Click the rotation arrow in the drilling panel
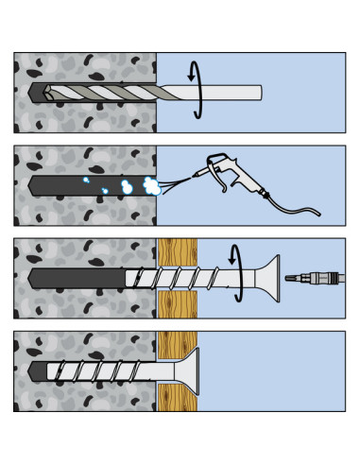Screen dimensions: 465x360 (197, 91)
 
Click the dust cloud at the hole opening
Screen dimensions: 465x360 (150, 185)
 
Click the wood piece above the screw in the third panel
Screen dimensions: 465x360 (177, 251)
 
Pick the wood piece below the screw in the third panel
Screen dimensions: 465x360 (177, 304)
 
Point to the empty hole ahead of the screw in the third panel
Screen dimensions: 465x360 (76, 278)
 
